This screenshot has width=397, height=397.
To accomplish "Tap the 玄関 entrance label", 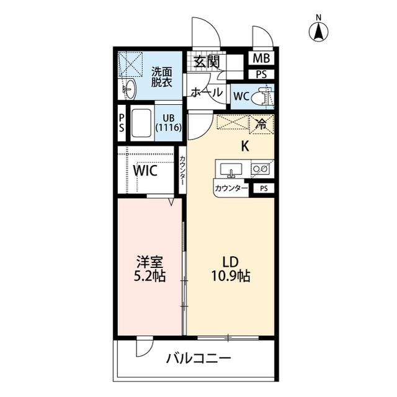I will click(x=206, y=61).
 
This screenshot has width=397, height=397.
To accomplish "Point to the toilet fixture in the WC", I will click(x=264, y=97).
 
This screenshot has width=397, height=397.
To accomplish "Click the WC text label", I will click(x=241, y=97).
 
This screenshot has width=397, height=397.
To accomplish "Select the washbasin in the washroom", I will click(x=128, y=89).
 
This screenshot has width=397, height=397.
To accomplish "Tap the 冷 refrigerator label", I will click(x=261, y=123).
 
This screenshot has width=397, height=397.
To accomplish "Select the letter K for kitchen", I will click(x=244, y=146).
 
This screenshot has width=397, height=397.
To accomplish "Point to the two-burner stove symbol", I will click(x=261, y=168).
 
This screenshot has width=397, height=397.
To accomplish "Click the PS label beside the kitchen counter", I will click(x=264, y=188).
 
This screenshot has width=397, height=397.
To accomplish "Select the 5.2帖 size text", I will click(x=150, y=277).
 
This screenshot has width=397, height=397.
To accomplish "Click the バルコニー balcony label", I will click(x=198, y=359).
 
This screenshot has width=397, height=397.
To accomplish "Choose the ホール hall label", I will click(x=207, y=92).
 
